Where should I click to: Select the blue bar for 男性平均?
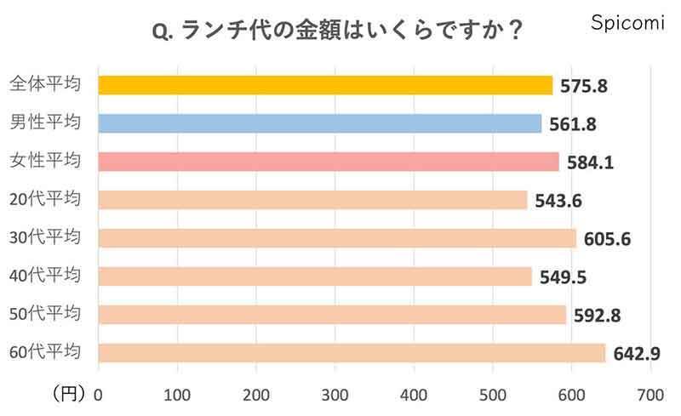[x=320, y=123]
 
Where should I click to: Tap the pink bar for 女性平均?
[x=329, y=162]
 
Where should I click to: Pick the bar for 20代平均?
[x=312, y=200]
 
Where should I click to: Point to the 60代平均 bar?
[x=352, y=352]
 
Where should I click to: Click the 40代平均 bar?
[x=315, y=276]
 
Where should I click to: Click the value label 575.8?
[x=583, y=86]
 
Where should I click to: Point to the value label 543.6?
[x=558, y=201]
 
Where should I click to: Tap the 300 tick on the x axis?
[x=335, y=394]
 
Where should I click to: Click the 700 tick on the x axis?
[x=650, y=394]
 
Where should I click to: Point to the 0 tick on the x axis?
[x=99, y=394]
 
